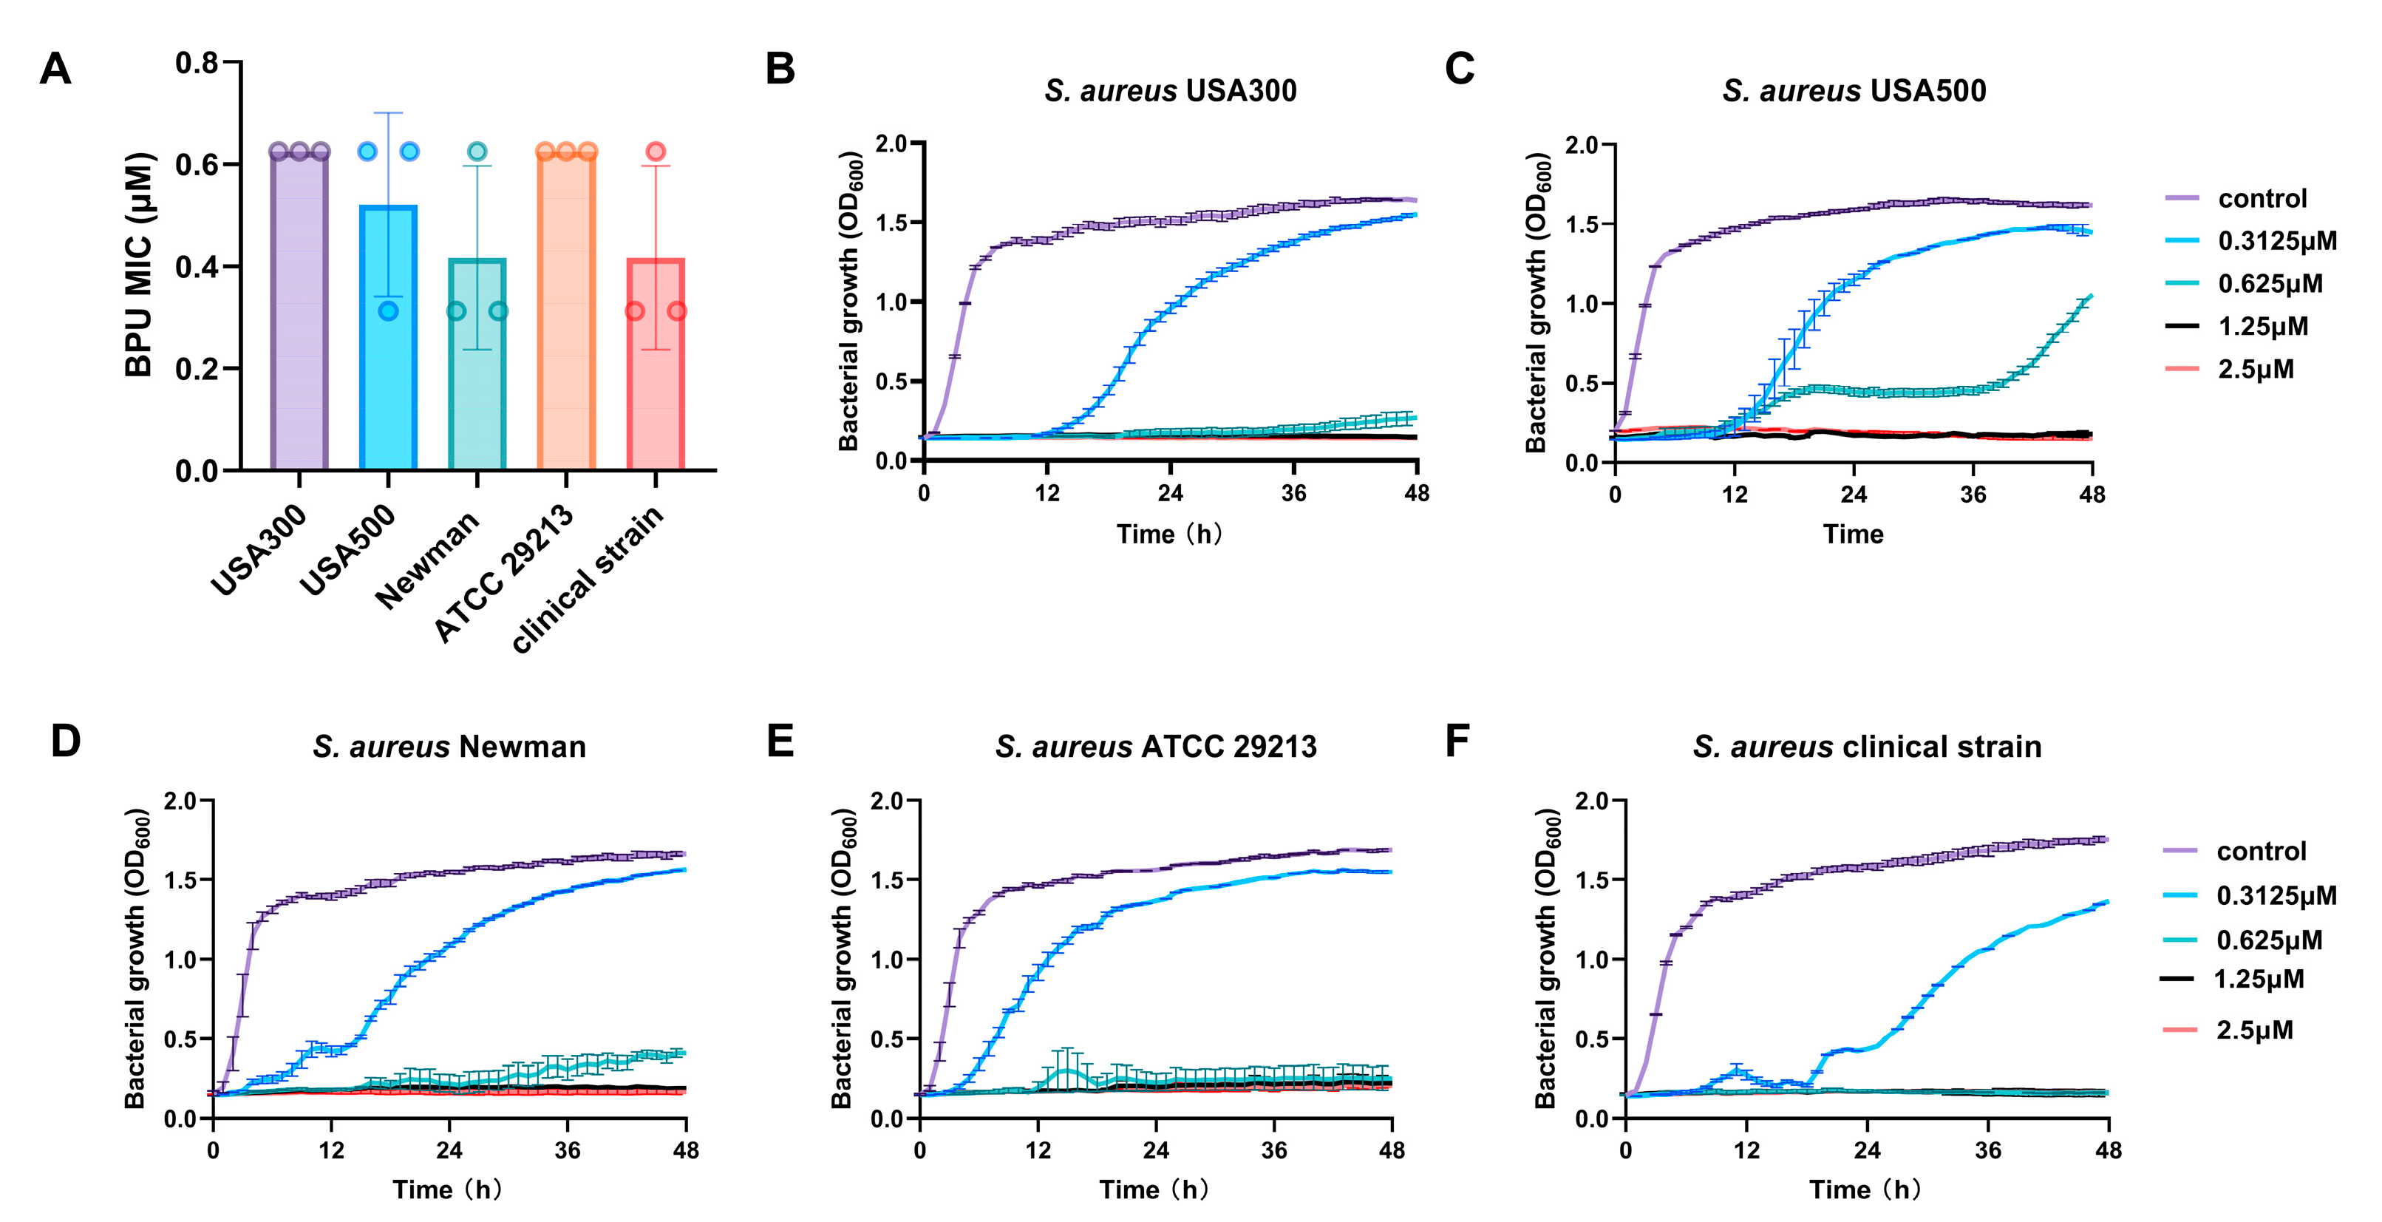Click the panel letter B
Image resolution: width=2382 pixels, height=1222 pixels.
coord(780,69)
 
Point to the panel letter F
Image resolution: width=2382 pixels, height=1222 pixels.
coord(1457,741)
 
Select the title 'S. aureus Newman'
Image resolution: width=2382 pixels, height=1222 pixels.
coord(449,747)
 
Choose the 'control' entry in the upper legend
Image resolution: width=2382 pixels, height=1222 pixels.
coord(2262,198)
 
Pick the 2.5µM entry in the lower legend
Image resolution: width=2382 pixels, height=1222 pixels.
coord(2253,1030)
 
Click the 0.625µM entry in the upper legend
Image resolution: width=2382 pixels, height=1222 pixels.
coord(2269,283)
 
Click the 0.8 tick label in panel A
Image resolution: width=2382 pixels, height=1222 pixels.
coord(196,63)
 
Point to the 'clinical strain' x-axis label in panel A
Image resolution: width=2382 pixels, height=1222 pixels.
coord(588,580)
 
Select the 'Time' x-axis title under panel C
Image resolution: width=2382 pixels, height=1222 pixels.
coord(1853,534)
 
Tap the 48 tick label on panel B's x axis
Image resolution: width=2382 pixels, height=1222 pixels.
coord(1417,493)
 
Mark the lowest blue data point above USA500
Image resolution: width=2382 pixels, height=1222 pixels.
coord(388,310)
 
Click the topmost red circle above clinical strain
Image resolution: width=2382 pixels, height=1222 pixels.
coord(656,151)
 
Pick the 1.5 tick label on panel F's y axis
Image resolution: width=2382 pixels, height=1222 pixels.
coord(1591,880)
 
